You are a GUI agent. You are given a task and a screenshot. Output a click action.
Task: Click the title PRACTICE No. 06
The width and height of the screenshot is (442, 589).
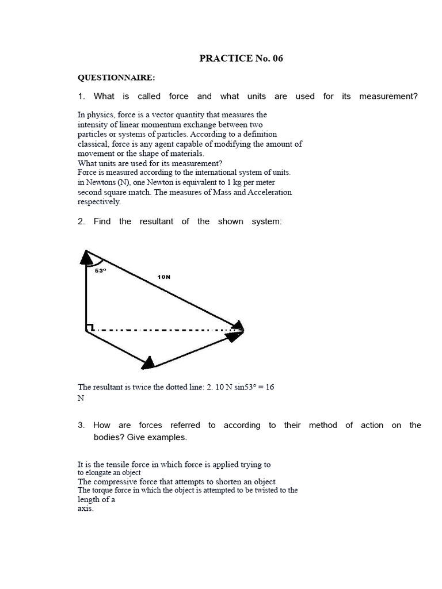pyautogui.click(x=241, y=58)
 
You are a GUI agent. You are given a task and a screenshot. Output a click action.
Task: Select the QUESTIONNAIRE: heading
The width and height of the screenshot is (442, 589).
pyautogui.click(x=116, y=77)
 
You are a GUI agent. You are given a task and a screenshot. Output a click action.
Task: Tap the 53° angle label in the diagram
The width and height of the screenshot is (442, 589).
pyautogui.click(x=101, y=270)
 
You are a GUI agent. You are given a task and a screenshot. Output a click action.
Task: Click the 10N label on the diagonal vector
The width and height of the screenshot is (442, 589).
pyautogui.click(x=163, y=277)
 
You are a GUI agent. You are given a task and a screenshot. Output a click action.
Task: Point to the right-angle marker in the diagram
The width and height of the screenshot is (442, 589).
pyautogui.click(x=89, y=328)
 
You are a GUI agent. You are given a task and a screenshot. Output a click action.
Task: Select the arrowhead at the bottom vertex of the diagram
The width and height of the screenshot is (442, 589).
pyautogui.click(x=148, y=362)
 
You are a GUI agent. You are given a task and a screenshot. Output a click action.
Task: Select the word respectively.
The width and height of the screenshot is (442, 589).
pyautogui.click(x=99, y=202)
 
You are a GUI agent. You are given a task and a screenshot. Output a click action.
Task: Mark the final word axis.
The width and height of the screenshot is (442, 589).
pyautogui.click(x=85, y=508)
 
